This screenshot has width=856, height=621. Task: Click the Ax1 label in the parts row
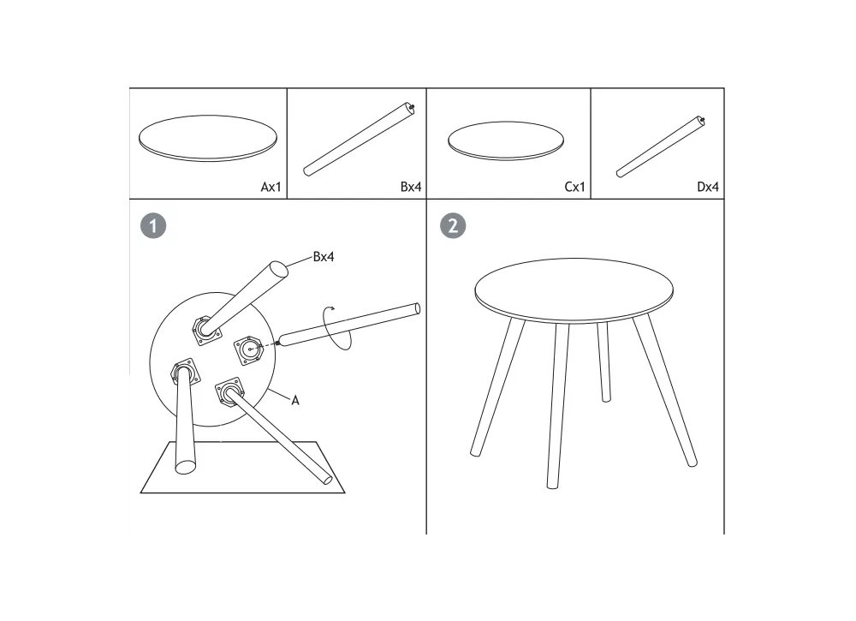[x=270, y=187]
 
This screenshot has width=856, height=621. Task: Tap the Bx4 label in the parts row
[x=411, y=187]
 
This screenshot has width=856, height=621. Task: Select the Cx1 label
[x=575, y=187]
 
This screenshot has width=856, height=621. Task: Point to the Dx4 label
[x=708, y=187]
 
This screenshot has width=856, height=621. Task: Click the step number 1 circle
[x=153, y=225]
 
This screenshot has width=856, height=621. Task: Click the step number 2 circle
[x=453, y=225]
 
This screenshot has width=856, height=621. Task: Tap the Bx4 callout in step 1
[x=324, y=257]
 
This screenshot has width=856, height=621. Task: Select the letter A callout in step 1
[x=295, y=400]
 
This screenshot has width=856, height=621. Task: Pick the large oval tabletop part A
[x=208, y=138]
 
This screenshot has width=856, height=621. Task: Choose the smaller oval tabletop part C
[x=506, y=141]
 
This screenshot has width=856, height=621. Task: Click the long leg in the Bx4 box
[x=359, y=140]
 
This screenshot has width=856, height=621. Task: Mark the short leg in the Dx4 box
[x=661, y=147]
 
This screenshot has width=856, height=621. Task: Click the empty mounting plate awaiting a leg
[x=249, y=350]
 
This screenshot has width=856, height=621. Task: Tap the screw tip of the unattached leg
[x=277, y=343]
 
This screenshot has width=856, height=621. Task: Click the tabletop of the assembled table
[x=574, y=290]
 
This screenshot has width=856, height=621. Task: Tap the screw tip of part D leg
[x=702, y=119]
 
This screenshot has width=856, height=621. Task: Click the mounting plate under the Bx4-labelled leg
[x=207, y=331]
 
